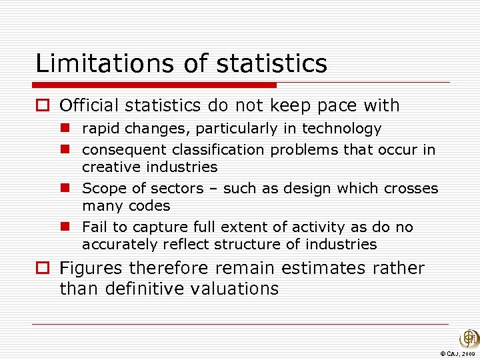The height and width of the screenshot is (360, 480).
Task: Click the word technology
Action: coord(342,129)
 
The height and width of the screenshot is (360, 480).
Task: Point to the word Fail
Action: coord(95,227)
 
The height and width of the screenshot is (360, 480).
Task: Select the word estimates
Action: coord(323,268)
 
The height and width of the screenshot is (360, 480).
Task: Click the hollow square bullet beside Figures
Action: coord(43,269)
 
